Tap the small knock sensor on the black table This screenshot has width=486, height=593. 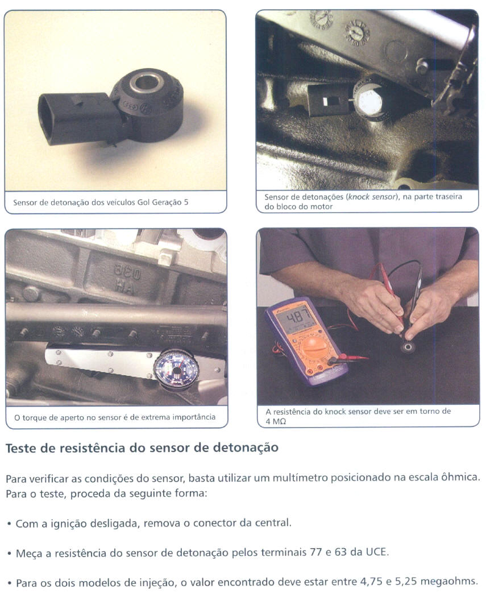[408, 347]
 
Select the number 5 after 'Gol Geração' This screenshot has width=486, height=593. [186, 202]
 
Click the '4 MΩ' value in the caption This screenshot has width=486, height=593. [276, 422]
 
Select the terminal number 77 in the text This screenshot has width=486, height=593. [316, 553]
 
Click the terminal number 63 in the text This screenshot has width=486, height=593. [340, 553]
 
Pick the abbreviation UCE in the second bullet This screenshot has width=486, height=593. [376, 553]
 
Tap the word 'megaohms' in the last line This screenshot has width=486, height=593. [448, 582]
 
